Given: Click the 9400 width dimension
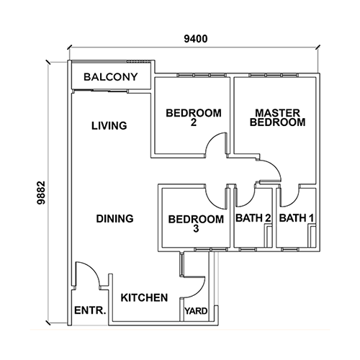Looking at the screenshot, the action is pos(196,39).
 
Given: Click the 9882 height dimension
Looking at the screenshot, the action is pos(41,193).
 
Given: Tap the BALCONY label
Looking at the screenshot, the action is pos(111,77).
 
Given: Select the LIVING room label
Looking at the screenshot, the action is pos(109,126).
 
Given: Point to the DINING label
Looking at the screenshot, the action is pos(114,219).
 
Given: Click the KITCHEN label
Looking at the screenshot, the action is pos(144,297).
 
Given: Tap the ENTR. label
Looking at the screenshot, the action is pos(90,310).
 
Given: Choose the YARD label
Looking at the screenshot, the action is pos(196,311).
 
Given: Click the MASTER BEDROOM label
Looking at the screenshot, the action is pos(277,117).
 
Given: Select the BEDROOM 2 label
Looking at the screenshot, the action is pos(194,117).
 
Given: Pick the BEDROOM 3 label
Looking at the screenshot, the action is pos(196,224).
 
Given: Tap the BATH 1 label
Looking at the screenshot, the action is pos(297,218).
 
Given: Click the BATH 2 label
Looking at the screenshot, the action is pos(253,218).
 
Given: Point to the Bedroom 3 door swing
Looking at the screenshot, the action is pos(212,203).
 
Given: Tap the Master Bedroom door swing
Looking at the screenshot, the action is pos(275,166).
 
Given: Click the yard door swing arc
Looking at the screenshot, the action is pos(199,290).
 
